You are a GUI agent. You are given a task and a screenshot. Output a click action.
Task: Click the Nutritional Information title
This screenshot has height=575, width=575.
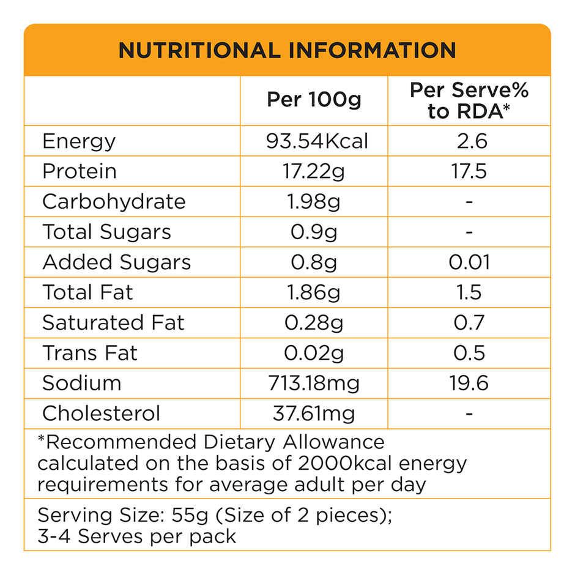(287, 50)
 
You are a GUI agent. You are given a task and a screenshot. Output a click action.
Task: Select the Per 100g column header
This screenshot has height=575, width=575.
(314, 100)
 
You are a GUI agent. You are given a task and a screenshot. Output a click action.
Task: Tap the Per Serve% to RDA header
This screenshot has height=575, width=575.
(469, 101)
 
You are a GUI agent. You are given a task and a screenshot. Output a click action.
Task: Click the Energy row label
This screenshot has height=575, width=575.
(79, 141)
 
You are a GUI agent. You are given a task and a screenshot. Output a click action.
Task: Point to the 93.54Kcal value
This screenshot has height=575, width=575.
(317, 141)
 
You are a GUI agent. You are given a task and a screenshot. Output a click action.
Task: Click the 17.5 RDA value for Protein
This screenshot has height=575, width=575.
(470, 171)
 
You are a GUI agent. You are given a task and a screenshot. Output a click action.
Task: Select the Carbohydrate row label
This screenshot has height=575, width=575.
(114, 201)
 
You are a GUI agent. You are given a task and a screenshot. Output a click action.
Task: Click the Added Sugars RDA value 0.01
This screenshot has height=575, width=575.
(469, 262)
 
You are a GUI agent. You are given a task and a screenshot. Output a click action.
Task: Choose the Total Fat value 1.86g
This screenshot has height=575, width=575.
(314, 292)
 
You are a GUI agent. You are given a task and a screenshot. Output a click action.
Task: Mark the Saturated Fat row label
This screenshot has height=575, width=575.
(113, 322)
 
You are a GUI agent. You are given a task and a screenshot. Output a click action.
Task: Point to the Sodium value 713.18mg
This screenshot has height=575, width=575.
(314, 383)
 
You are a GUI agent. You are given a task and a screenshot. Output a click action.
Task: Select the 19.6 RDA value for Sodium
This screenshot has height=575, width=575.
(470, 383)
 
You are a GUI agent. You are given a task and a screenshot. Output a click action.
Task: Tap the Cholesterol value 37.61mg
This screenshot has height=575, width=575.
(314, 413)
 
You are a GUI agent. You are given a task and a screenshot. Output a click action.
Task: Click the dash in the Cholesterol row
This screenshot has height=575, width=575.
(469, 414)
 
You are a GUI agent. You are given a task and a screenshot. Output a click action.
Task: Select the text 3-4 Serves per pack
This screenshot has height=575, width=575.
(137, 536)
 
